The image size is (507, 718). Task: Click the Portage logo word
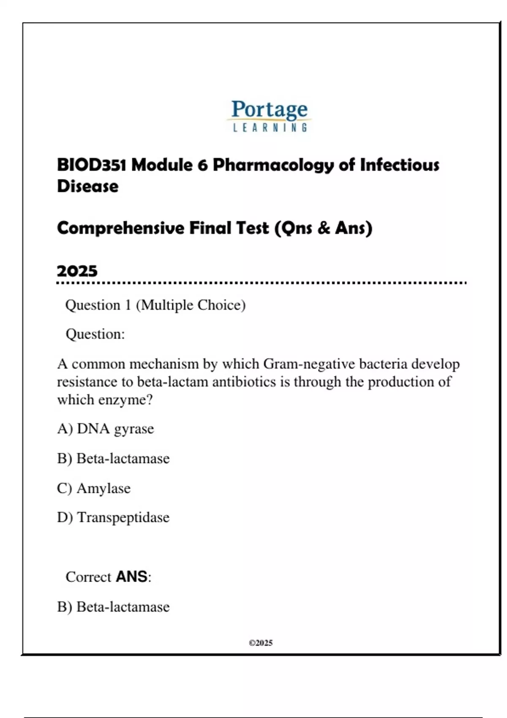coord(269,109)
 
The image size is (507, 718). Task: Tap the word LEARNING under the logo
coord(270,128)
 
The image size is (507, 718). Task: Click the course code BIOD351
coord(91,165)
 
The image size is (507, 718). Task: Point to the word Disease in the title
coord(88,186)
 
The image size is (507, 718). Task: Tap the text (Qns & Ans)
coord(323,228)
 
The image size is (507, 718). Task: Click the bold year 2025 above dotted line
coord(77,271)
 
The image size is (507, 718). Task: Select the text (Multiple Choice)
coord(191,305)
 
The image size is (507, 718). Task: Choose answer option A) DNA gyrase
coord(106,429)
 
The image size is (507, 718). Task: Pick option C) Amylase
coord(94,488)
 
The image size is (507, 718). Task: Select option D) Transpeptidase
coord(113,517)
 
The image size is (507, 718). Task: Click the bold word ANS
coord(131,577)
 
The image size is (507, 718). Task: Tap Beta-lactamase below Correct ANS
coord(123,607)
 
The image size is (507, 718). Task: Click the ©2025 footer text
coord(261,643)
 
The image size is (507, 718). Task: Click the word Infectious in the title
coord(399,165)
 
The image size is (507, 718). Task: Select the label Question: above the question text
coord(95,334)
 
